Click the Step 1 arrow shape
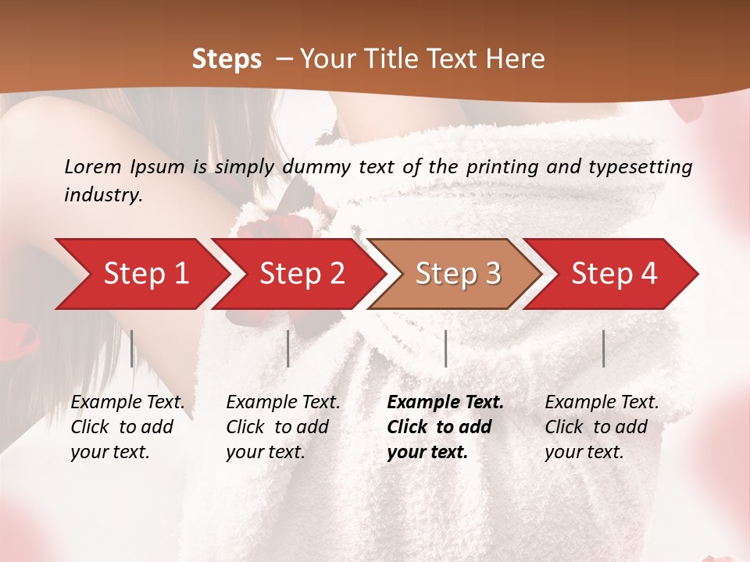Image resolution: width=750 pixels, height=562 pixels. coord(141,273)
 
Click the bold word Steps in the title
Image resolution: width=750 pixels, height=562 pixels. coord(227,59)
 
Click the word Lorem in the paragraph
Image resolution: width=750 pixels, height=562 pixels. coord(93,166)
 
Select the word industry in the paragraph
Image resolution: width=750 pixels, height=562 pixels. coord(102,194)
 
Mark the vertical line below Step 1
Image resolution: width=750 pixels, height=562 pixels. coord(132,348)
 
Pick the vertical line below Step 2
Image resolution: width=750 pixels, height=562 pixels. coord(288,348)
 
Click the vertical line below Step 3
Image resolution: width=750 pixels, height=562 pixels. coord(445,348)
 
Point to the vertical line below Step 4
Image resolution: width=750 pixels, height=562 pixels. coord(603,348)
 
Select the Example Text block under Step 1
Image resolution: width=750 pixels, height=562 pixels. coord(127,427)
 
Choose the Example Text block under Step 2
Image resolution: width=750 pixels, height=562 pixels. coord(283,427)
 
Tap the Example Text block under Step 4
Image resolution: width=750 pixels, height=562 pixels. coord(602,427)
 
